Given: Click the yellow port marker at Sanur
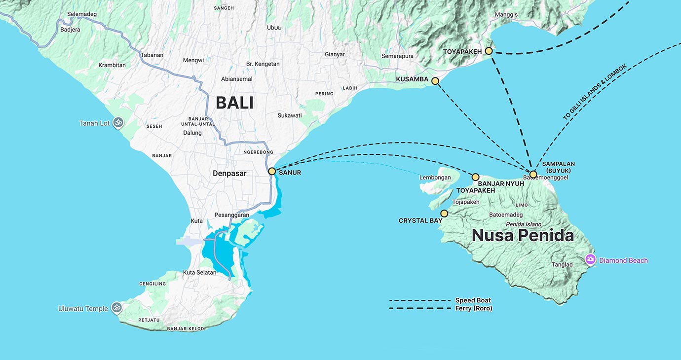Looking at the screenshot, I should point(272,172).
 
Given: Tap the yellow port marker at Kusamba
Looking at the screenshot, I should point(435,81).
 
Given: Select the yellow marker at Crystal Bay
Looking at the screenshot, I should point(444,214).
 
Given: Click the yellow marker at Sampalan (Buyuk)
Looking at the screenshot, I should point(533,175).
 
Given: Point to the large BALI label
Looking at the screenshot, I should point(234,103).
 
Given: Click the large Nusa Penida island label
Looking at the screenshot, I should point(523,236).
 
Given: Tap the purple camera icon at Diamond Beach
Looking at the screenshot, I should point(590,259).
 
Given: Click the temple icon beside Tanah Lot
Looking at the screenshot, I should point(117,122).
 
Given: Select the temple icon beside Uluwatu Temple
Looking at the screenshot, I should point(116,308).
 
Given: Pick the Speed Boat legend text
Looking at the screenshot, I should point(473,300).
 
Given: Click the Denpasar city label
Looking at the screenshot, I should point(229,173).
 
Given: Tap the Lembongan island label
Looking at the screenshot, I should point(435,178).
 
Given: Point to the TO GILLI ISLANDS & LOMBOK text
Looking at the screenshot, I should point(595,92).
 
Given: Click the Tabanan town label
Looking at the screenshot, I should point(151,55).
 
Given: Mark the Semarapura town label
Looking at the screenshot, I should point(397,56).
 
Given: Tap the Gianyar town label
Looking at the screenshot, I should point(335,54).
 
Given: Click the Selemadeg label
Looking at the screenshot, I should point(75,14).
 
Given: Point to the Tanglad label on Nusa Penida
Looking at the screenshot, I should point(562,265).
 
